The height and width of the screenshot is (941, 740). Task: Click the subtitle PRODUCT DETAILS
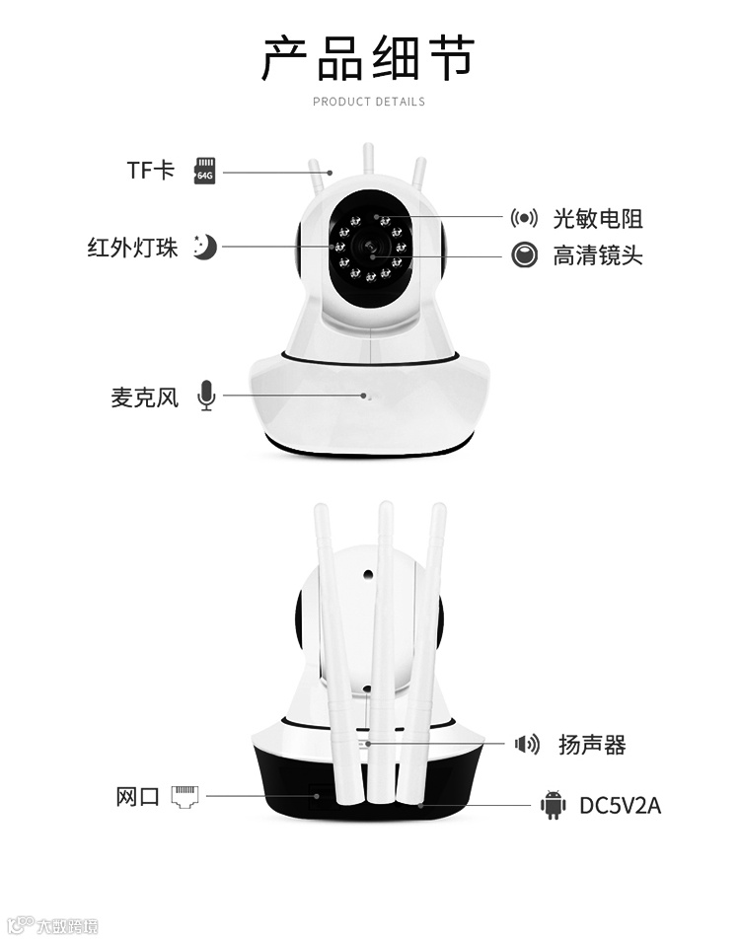coord(369,102)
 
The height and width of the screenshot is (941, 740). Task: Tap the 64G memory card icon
coord(205,170)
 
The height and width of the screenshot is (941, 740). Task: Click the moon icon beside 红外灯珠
coord(204,247)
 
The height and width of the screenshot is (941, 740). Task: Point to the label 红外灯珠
coord(132,248)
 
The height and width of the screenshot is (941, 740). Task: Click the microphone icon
coord(205,396)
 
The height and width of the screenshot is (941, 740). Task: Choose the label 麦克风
coord(144,398)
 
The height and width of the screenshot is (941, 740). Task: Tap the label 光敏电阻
coord(597,218)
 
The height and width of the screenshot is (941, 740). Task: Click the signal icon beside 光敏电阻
coord(524,218)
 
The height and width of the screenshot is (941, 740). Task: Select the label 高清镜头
coord(597,255)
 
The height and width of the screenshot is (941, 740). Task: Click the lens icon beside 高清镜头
coord(524,255)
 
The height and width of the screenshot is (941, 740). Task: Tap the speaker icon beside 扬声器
coord(527,744)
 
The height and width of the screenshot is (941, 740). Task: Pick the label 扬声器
coord(592,745)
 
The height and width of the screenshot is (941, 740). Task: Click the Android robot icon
coord(553,805)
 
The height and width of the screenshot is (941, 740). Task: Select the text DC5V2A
coord(620,806)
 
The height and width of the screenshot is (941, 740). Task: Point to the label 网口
coord(137,796)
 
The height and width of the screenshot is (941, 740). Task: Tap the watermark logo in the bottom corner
coord(53,925)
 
